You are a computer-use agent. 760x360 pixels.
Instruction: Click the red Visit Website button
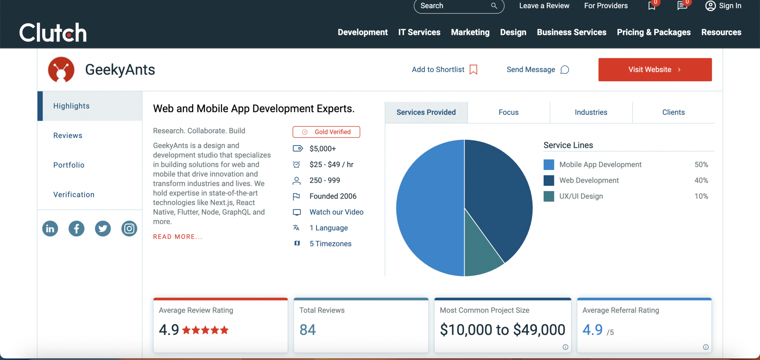pyautogui.click(x=655, y=70)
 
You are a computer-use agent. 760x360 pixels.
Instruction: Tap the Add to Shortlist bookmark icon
pyautogui.click(x=473, y=70)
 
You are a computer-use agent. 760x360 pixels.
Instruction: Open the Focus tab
pyautogui.click(x=508, y=112)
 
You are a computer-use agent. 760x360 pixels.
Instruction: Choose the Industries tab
pyautogui.click(x=591, y=112)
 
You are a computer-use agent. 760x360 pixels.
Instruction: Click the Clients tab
pyautogui.click(x=673, y=112)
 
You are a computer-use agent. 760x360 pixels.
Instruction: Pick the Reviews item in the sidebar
pyautogui.click(x=68, y=135)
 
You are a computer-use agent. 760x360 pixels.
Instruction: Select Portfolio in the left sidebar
pyautogui.click(x=69, y=165)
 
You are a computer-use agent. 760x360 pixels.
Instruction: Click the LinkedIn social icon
pyautogui.click(x=50, y=229)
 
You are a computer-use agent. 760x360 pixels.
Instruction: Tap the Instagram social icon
pyautogui.click(x=129, y=229)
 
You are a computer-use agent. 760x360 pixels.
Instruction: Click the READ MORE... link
pyautogui.click(x=178, y=237)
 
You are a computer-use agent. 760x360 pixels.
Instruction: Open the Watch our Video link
pyautogui.click(x=336, y=212)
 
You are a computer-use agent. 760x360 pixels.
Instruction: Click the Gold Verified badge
pyautogui.click(x=326, y=132)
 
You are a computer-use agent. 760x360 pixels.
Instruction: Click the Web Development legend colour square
pyautogui.click(x=548, y=181)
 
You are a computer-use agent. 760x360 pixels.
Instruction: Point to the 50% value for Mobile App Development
pyautogui.click(x=701, y=165)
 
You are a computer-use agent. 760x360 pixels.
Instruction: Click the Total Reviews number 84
pyautogui.click(x=308, y=330)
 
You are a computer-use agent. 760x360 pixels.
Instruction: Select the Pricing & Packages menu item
pyautogui.click(x=653, y=32)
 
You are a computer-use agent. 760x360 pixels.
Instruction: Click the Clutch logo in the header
pyautogui.click(x=53, y=32)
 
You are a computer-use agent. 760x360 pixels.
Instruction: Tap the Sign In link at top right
pyautogui.click(x=723, y=6)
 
